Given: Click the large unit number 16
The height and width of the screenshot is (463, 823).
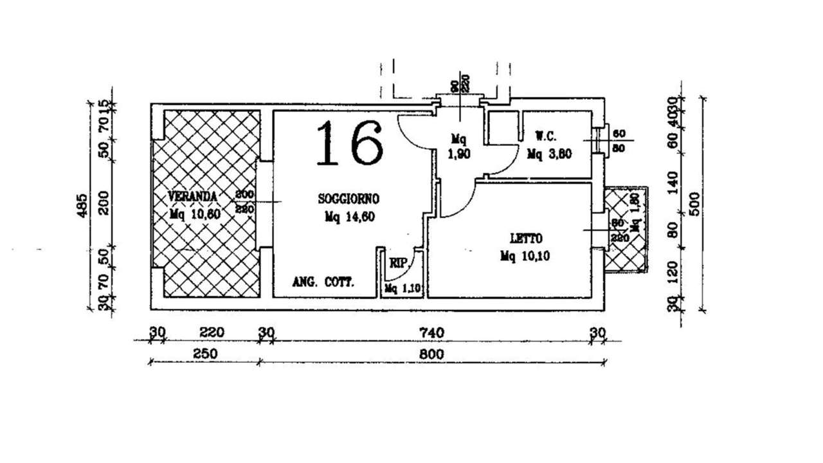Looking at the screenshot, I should pos(350,143).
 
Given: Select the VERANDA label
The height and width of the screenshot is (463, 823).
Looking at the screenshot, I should pos(192,195).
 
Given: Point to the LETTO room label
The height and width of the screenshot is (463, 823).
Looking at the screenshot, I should pos(525,237).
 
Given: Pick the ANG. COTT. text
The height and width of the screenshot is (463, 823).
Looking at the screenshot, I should pos(323,282).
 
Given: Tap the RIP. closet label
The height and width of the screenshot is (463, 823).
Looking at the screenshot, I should pos(398,263).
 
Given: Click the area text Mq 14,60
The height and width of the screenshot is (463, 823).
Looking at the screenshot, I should pos(350,217).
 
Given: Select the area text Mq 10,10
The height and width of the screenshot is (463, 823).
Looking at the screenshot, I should pos(525,256).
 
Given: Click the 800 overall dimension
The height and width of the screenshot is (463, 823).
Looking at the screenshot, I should pos(431,354).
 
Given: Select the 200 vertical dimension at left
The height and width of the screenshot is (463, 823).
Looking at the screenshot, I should pos(104,202).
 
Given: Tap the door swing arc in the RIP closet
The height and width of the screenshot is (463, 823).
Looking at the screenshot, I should pos(410,271).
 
